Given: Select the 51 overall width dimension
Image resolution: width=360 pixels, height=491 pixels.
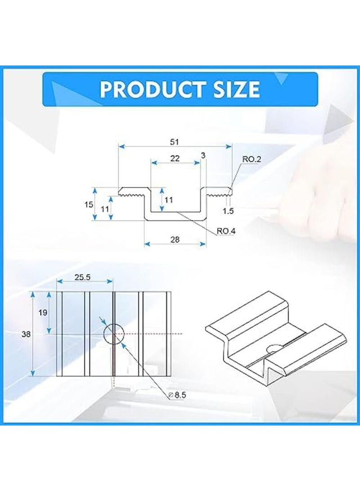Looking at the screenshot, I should pos(175,142).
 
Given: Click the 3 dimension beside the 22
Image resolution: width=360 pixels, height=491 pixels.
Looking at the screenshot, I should pos(203,155).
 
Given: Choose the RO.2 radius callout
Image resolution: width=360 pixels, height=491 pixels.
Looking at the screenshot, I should pos(252,159).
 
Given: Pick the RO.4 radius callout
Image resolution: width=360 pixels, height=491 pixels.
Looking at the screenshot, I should pos(226,231).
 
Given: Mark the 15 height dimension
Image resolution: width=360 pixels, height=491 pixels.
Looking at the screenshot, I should pos(89,204).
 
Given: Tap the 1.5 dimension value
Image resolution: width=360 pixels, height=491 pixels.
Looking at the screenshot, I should pos(229,211).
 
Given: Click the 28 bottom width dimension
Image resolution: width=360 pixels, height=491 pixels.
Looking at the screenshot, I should pos(175,240).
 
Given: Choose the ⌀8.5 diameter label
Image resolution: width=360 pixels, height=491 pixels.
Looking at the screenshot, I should pos(178,395).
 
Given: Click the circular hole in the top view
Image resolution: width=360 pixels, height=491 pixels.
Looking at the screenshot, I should pos(113,334).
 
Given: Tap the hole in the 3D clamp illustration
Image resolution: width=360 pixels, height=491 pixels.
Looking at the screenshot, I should pos(273,347).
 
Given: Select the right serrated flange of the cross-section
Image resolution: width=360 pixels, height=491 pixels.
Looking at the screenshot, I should pos(218,192).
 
